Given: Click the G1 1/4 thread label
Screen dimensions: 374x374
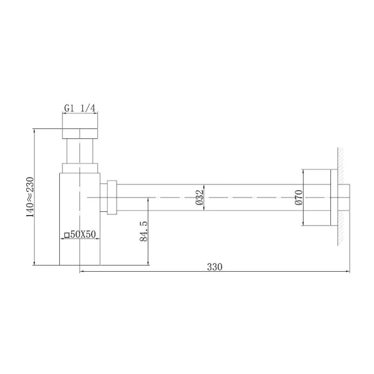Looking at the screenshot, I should coord(80,108).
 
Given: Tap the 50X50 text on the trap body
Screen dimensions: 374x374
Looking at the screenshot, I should coord(82,234).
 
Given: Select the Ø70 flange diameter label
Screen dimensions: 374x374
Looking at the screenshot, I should coord(298,197).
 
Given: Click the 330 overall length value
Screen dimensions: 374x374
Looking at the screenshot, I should coord(214,267).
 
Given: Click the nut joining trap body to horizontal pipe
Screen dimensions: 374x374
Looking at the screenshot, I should coord(112,197).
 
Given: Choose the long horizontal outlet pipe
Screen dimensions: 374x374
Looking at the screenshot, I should coord(206,197).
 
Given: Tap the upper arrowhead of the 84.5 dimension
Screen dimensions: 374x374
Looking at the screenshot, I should coord(148,200).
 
